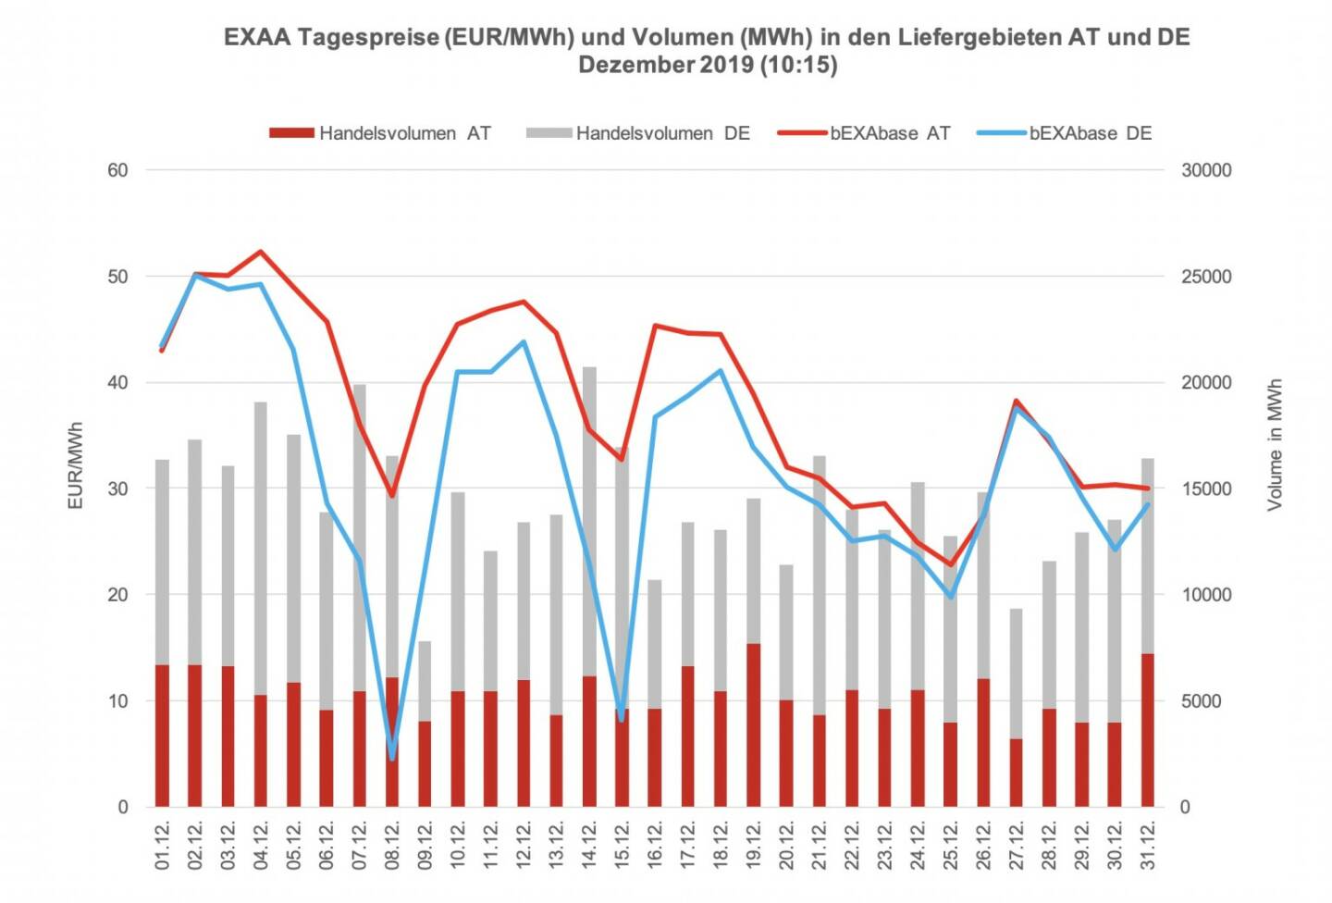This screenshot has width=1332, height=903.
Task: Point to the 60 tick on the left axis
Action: click(x=117, y=170)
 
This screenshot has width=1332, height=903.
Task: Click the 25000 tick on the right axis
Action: click(x=1206, y=277)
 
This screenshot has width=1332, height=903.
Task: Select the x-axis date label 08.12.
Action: click(x=392, y=844)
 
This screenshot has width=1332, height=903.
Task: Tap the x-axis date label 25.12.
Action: click(x=951, y=844)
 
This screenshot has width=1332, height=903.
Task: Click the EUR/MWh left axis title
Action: click(x=76, y=465)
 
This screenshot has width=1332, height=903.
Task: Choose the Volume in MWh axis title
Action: click(x=1275, y=444)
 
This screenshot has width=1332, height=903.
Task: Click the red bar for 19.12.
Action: click(x=754, y=725)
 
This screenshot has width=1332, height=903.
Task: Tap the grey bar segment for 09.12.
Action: click(x=425, y=681)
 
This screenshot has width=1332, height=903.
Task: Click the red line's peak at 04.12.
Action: click(x=261, y=251)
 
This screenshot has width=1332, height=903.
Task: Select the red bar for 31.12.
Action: click(x=1148, y=730)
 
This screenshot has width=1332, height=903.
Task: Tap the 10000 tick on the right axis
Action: click(x=1206, y=595)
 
